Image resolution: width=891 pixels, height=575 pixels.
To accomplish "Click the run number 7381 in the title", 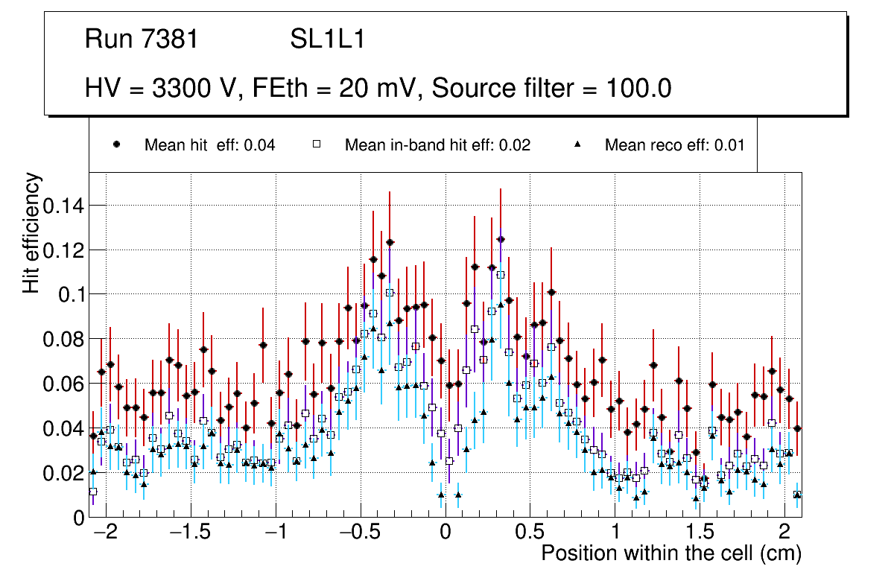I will [171, 39].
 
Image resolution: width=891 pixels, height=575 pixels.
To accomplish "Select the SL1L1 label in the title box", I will [327, 39].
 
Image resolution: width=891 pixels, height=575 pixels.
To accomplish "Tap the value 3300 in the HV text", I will [181, 89].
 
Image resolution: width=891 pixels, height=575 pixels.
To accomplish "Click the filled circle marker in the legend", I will [116, 144].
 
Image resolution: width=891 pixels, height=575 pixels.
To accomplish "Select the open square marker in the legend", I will [317, 144].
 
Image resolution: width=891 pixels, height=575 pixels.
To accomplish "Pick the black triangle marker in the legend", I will [577, 144].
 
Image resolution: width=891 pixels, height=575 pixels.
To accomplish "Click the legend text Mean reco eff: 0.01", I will [674, 145].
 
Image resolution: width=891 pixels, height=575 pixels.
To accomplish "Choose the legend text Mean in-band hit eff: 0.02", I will [437, 145].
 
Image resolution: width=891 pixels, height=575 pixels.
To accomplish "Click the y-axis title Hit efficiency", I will [32, 233].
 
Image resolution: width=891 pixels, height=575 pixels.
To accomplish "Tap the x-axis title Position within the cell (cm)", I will [670, 554].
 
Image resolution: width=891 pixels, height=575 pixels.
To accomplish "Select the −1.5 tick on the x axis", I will [191, 534].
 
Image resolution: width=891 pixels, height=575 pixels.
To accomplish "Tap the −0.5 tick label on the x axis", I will [361, 534].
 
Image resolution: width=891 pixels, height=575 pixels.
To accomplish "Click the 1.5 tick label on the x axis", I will [700, 534].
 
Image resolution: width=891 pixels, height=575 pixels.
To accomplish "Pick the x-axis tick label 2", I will [784, 534].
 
